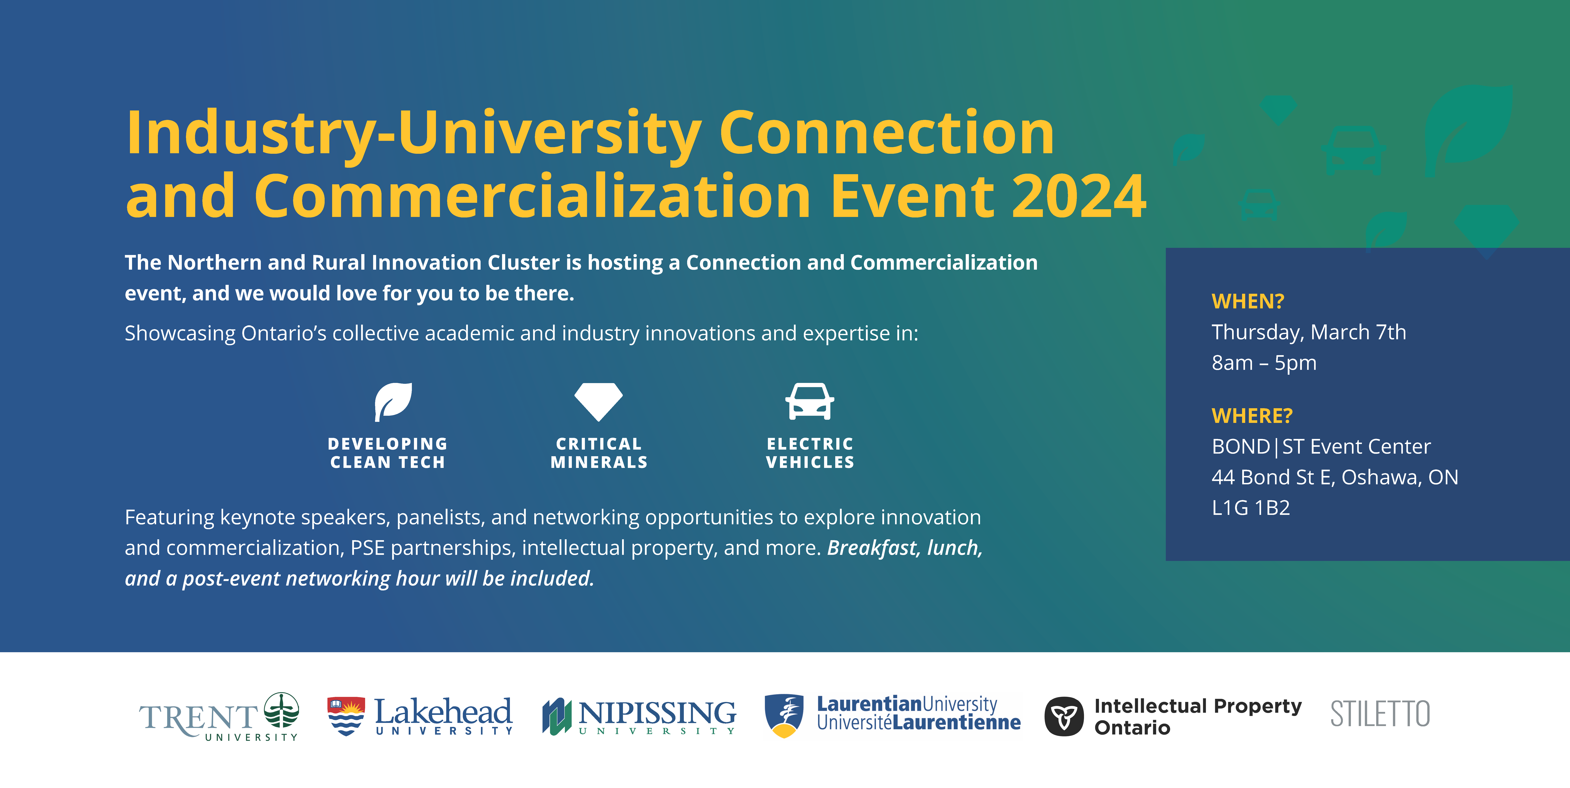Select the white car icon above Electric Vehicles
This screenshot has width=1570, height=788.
(x=809, y=401)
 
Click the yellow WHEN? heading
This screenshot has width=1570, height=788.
(x=1248, y=301)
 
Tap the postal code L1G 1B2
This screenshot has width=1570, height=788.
(x=1251, y=507)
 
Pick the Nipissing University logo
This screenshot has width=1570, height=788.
(x=639, y=717)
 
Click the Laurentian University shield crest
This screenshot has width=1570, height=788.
(x=784, y=715)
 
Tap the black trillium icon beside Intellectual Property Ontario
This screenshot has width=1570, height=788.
(x=1064, y=717)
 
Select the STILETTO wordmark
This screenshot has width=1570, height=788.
(x=1380, y=714)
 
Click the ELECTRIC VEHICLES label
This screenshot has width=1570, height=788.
(x=810, y=453)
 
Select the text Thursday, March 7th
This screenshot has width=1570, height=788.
(x=1309, y=332)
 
